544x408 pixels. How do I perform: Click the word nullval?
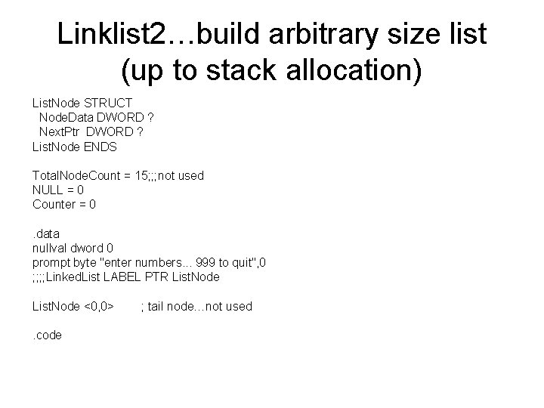click(50, 247)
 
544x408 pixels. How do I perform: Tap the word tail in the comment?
click(158, 306)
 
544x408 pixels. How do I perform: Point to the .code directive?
click(48, 335)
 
